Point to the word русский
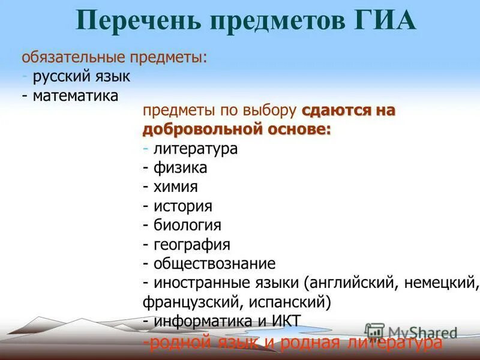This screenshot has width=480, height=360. [60, 77]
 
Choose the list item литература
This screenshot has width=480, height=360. [195, 149]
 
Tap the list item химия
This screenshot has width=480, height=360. [175, 187]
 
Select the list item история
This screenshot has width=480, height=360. [182, 206]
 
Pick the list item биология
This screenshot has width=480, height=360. [187, 226]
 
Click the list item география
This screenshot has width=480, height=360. [191, 245]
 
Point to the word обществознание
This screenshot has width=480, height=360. [214, 263]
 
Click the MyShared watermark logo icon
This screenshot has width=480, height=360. [374, 332]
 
